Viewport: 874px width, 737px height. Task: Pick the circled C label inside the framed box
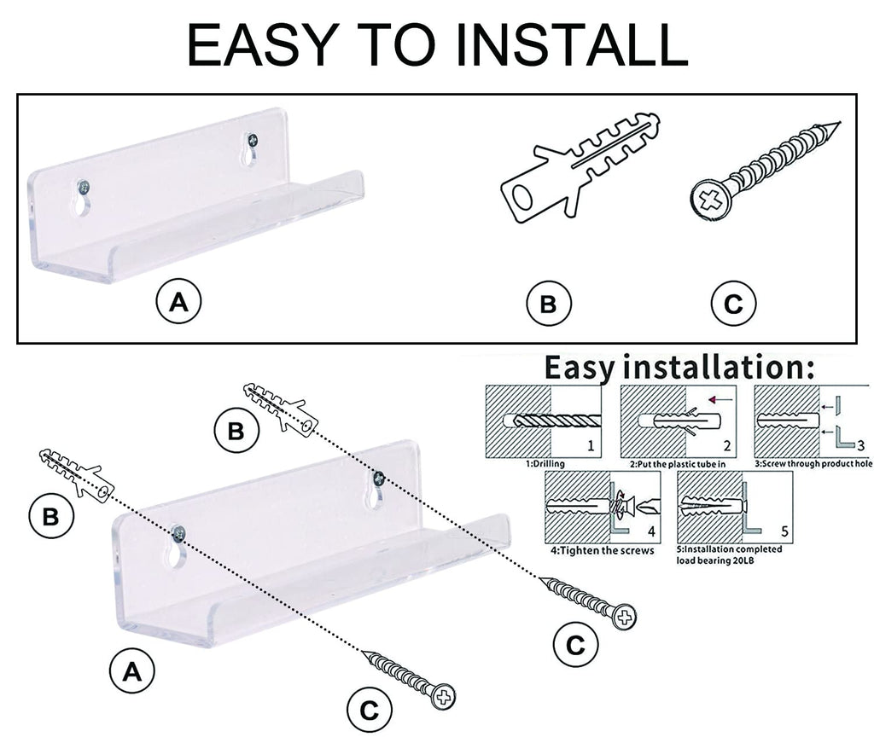coord(733,304)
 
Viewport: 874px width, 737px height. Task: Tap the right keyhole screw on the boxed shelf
coord(251,141)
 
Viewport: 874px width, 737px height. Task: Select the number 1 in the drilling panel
coord(590,445)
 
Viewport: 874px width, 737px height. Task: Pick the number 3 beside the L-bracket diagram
coord(860,444)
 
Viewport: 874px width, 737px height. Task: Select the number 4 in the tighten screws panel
coord(651,531)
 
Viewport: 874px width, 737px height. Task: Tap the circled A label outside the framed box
coord(130,671)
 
